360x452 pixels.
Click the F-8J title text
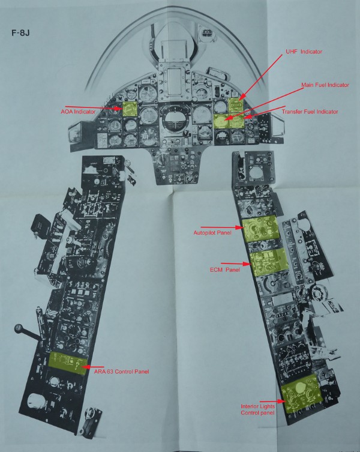21,32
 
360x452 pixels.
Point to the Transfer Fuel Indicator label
310,112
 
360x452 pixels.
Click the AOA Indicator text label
79,112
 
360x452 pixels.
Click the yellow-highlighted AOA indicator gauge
130,109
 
